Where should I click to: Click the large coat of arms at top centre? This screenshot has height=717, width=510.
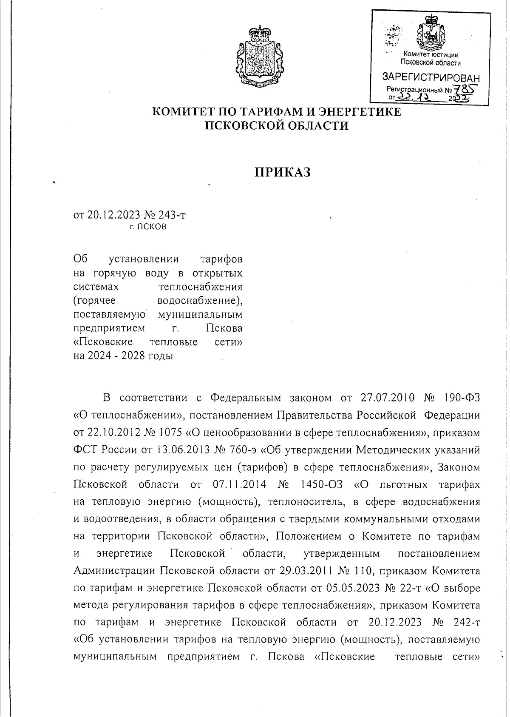[x=258, y=57]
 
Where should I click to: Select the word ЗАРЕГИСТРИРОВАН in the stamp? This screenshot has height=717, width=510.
[x=431, y=78]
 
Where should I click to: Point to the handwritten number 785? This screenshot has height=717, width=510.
[x=465, y=89]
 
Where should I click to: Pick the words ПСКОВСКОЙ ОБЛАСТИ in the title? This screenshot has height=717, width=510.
[x=277, y=125]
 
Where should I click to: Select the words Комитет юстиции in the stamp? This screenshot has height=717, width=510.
[x=431, y=54]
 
